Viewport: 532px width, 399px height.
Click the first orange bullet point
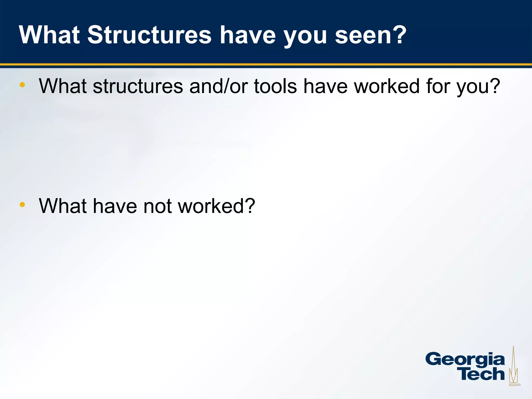click(x=22, y=85)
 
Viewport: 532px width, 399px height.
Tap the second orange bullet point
click(x=22, y=205)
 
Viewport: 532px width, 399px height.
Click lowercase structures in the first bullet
click(x=138, y=87)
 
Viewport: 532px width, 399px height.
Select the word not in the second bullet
click(x=157, y=206)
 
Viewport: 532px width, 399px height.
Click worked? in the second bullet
click(x=217, y=206)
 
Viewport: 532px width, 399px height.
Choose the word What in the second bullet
click(x=63, y=206)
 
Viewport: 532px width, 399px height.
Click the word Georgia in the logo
click(x=465, y=360)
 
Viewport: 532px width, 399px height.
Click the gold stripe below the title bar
click(x=266, y=64)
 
